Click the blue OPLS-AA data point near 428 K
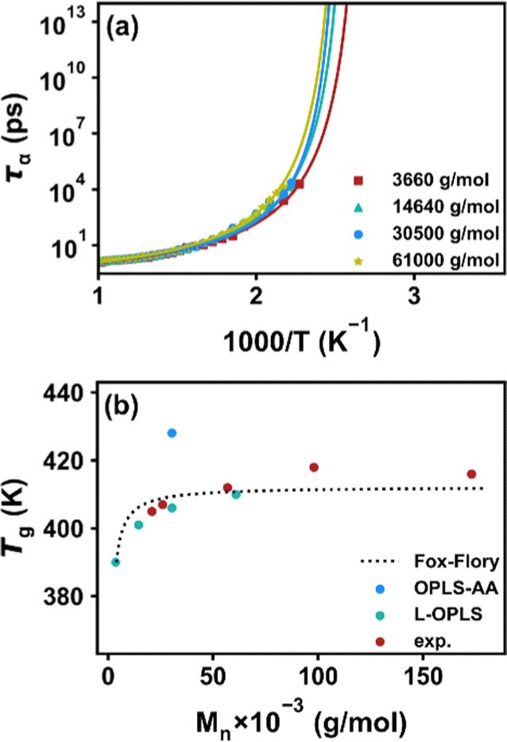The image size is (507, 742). pos(172,433)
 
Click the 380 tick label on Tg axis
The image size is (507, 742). pos(76,596)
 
